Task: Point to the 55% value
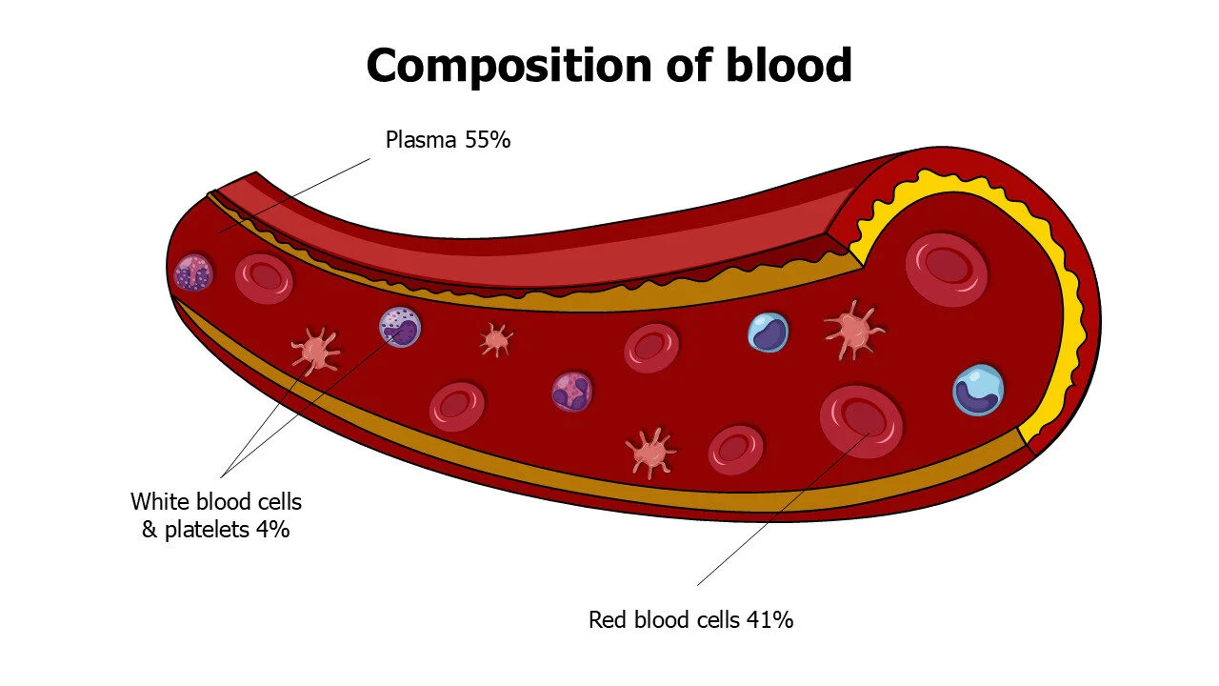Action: point(489,140)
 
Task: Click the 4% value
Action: point(272,530)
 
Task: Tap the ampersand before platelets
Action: point(150,530)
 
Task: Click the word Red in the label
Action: point(608,620)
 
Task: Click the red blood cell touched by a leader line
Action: point(861,421)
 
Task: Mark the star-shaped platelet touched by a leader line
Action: point(315,350)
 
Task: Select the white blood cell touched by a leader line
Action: point(400,328)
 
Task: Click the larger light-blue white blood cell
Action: point(978,390)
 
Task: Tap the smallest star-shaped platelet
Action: point(496,339)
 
